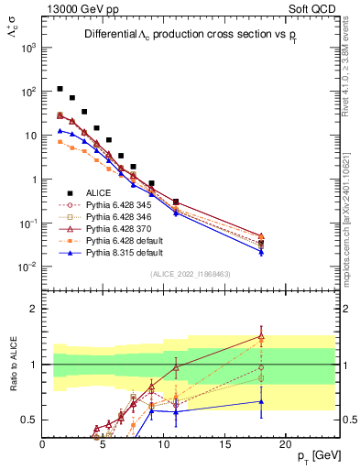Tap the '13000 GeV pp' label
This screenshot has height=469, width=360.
78,8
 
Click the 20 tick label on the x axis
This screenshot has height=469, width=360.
285,443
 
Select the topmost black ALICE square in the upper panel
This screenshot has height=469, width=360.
60,89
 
